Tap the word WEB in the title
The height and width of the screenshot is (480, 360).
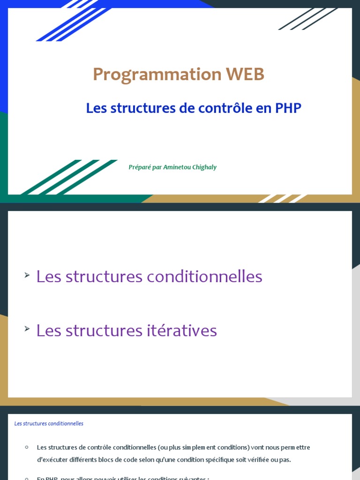(x=245, y=74)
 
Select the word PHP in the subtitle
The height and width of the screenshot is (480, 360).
(x=288, y=108)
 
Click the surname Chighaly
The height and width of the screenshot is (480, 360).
(x=203, y=167)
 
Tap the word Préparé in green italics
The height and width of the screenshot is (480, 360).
(x=140, y=167)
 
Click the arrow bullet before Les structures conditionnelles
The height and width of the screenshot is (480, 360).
(x=27, y=275)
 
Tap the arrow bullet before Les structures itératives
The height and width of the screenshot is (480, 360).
(x=27, y=329)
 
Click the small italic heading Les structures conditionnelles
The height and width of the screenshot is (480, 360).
(x=49, y=424)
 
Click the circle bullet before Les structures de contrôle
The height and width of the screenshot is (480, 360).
(x=27, y=447)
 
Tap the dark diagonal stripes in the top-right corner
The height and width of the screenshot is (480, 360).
(x=307, y=19)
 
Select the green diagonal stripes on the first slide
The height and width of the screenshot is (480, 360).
(x=70, y=177)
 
